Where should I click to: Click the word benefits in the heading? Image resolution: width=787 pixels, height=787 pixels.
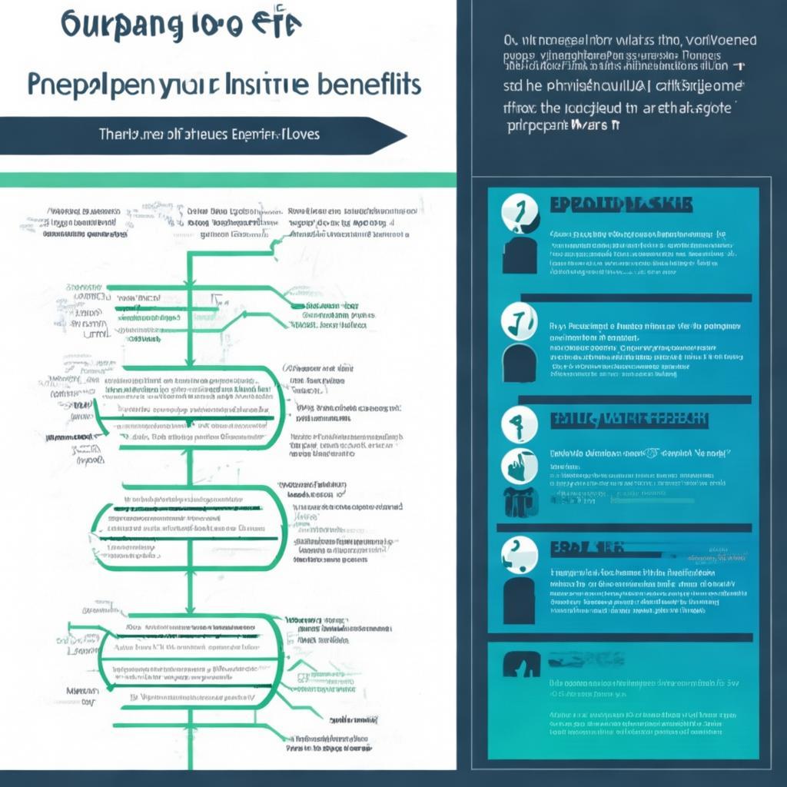[368, 84]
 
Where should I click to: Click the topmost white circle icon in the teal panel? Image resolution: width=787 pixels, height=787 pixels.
[519, 211]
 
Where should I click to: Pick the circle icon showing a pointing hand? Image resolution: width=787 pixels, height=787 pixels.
[519, 466]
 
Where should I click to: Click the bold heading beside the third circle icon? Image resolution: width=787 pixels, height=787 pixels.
[629, 420]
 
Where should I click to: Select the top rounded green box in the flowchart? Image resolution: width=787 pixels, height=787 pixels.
[188, 407]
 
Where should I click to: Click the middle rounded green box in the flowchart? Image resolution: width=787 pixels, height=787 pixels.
[188, 526]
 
